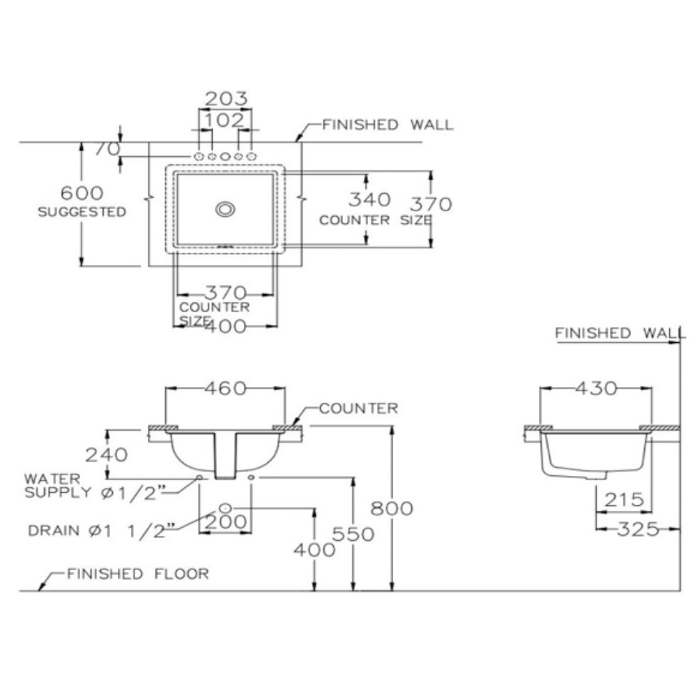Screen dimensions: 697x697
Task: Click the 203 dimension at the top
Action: (225, 100)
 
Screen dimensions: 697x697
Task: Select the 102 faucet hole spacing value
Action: (225, 120)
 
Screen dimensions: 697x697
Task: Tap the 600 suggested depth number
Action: (82, 192)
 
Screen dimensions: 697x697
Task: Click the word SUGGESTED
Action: (82, 211)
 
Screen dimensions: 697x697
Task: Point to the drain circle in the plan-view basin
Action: (225, 208)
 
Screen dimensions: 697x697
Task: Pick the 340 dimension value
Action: (369, 200)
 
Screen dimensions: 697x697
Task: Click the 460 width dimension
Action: (225, 389)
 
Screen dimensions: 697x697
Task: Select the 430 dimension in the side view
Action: (596, 388)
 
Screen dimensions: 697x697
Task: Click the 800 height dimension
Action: (392, 508)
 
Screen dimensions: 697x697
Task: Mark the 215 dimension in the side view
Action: (624, 500)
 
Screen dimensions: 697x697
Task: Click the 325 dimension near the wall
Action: (637, 529)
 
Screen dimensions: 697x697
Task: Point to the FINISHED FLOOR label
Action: (137, 574)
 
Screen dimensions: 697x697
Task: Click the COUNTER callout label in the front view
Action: (358, 408)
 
